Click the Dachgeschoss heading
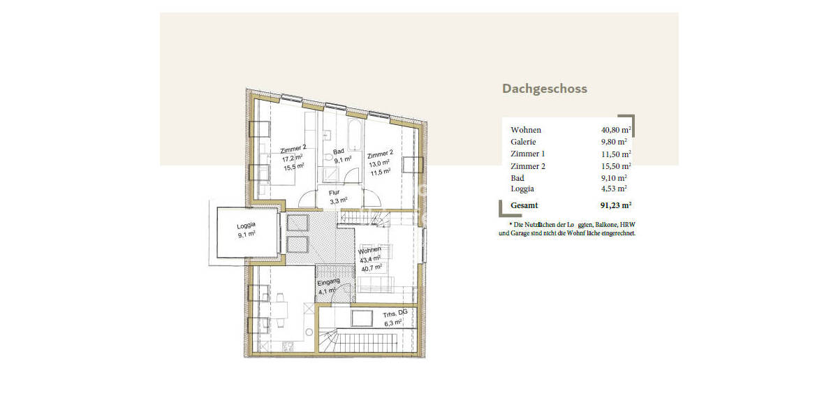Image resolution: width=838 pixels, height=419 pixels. pos(544,89)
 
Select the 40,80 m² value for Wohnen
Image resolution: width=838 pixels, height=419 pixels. pos(616,130)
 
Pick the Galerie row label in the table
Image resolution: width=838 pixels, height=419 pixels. pos(523,142)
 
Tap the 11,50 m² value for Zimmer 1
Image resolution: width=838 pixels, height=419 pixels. pos(616,154)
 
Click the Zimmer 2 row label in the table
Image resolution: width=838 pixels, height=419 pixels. pos(527,166)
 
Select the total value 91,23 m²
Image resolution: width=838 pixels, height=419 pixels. pos(615,205)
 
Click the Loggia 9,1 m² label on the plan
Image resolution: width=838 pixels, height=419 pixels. pos(246,230)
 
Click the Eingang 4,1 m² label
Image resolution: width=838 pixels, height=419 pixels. pos(328,287)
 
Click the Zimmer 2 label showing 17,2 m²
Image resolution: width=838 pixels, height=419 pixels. pos(293,158)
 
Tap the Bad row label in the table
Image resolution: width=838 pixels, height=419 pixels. pos(517,178)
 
